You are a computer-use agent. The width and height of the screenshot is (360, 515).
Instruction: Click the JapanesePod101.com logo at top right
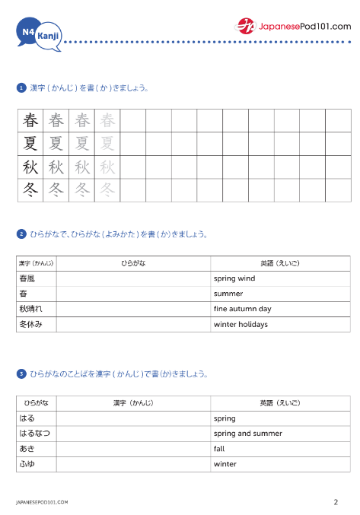[294, 26]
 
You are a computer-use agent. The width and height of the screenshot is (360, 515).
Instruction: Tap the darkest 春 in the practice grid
[30, 120]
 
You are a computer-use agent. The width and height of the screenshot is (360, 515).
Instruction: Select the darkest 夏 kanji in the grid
[30, 144]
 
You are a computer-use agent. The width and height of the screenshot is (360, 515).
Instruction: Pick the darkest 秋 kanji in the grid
[30, 167]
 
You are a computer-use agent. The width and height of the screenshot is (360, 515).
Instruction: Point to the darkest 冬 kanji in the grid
[30, 190]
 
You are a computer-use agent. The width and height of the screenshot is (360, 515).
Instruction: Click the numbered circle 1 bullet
[21, 88]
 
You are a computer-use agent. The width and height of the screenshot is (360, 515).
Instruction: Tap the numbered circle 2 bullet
[21, 234]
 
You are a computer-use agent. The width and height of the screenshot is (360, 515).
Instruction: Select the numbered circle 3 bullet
[21, 374]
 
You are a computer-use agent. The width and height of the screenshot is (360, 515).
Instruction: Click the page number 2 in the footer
[336, 502]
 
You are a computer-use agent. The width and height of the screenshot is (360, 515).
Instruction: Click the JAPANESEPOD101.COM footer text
[42, 503]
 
